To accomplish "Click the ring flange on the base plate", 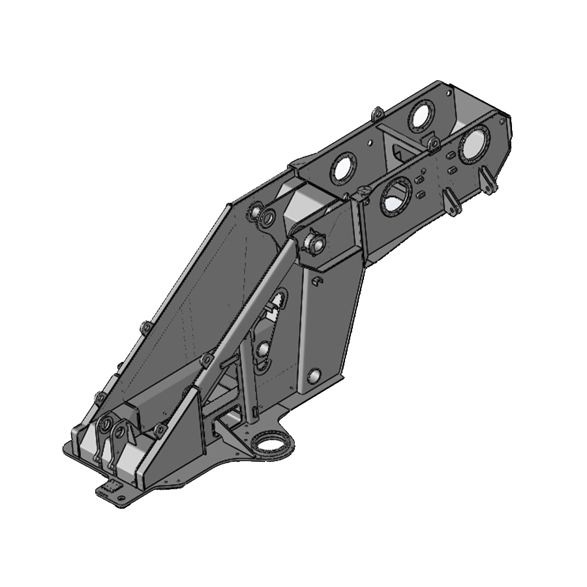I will point(270,445).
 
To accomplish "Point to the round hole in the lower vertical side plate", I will point(314,376).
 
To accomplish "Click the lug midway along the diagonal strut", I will point(207,360).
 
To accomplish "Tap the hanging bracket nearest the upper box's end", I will point(488,181).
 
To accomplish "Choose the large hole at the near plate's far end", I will point(474,144).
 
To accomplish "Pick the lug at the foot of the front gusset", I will point(159,430).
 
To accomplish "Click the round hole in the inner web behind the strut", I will point(263,351).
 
